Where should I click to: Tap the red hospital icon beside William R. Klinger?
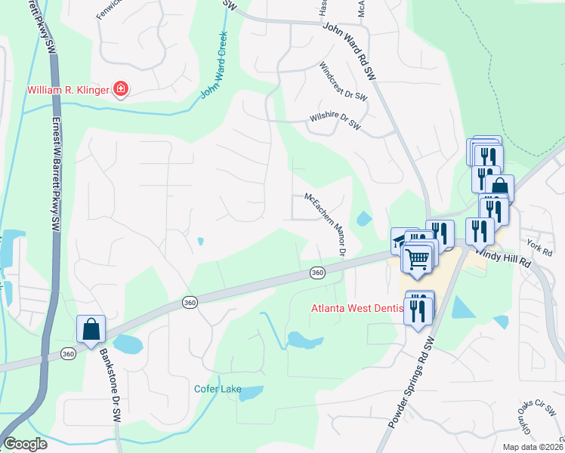pos(120,91)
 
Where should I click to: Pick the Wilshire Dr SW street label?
pos(335,122)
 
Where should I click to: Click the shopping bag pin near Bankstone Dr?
pos(91,330)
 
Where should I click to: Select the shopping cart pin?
pos(417,259)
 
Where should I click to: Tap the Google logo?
pos(25,444)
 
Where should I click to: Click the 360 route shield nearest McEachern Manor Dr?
pos(317,273)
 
